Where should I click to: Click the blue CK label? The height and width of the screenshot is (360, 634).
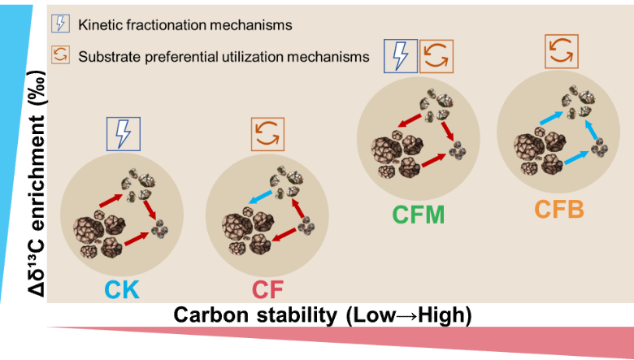click(x=121, y=289)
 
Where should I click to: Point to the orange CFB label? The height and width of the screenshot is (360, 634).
click(x=559, y=209)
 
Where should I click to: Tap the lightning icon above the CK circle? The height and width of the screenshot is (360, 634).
click(x=124, y=133)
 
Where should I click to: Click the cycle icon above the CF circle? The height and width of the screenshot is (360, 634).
click(x=267, y=133)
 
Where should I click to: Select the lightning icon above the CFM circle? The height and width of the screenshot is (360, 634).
click(x=400, y=56)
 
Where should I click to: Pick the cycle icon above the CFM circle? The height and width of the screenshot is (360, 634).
click(x=436, y=56)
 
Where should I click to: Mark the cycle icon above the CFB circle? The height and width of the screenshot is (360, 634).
click(x=560, y=51)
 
